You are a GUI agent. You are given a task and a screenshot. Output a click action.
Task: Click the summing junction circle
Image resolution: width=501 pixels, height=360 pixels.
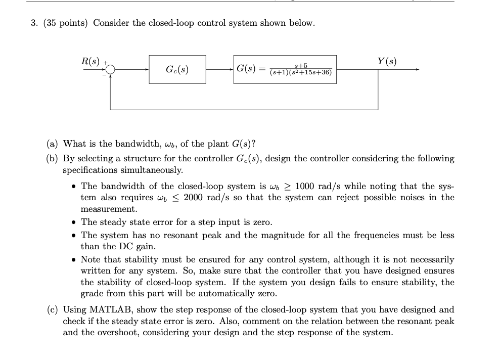tap(110, 70)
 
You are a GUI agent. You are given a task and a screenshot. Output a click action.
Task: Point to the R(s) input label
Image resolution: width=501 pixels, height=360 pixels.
tap(91, 62)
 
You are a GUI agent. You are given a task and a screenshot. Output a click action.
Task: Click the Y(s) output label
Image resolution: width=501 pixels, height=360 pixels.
tap(387, 62)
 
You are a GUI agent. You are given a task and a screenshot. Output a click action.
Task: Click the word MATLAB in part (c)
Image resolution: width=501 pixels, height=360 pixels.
tap(113, 309)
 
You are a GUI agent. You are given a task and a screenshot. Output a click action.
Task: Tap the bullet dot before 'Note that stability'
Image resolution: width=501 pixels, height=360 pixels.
tap(74, 260)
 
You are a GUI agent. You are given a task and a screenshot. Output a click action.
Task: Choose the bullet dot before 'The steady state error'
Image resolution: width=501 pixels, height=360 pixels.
tap(74, 222)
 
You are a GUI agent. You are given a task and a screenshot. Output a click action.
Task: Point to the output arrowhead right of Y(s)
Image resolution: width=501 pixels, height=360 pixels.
tap(417, 70)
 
